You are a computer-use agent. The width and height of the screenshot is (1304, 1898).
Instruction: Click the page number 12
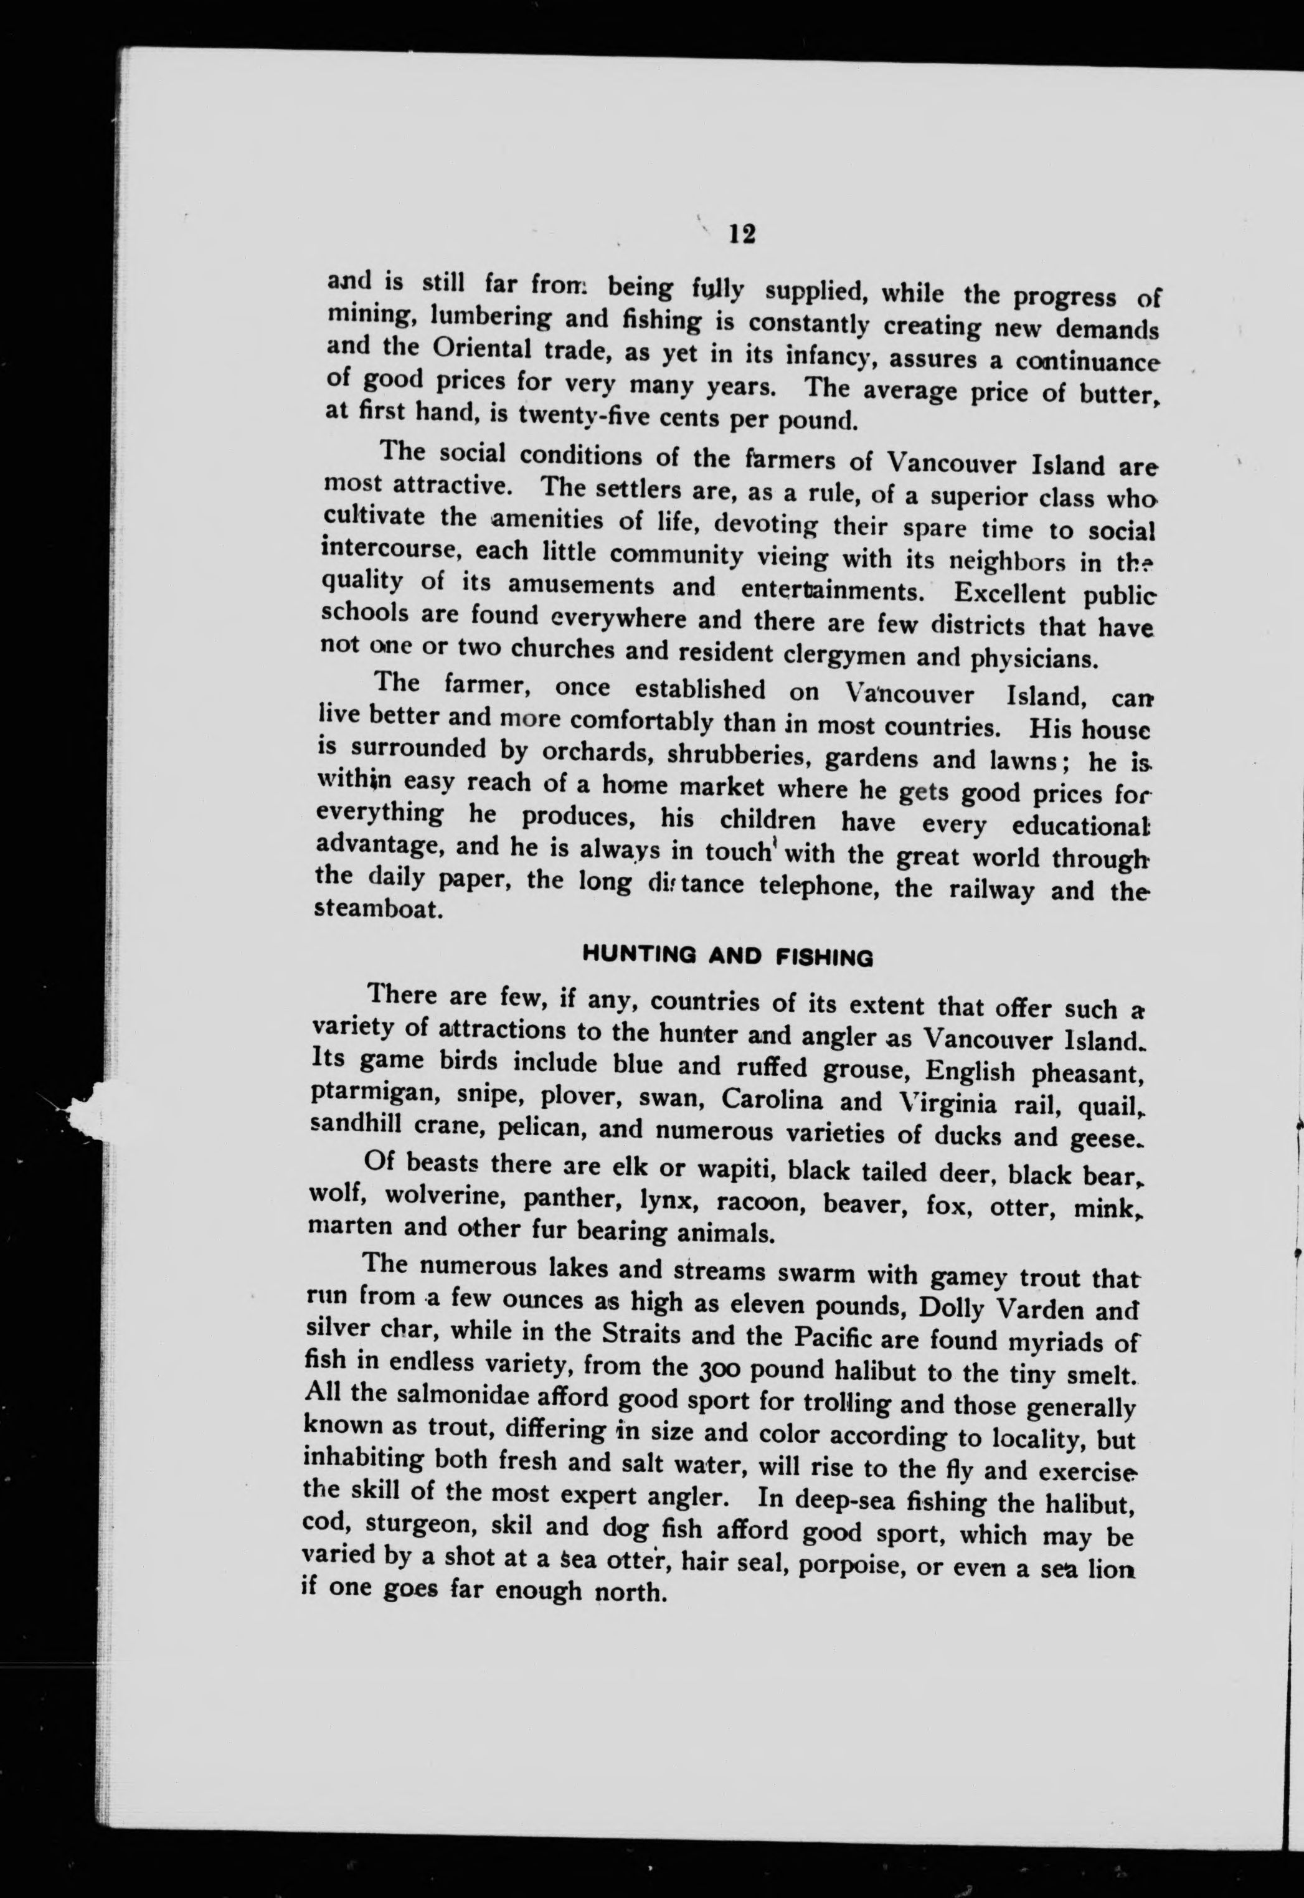pos(742,235)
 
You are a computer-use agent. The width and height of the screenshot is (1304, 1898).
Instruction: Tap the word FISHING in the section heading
pos(824,956)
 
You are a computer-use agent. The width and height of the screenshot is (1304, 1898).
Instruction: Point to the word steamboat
pos(378,909)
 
